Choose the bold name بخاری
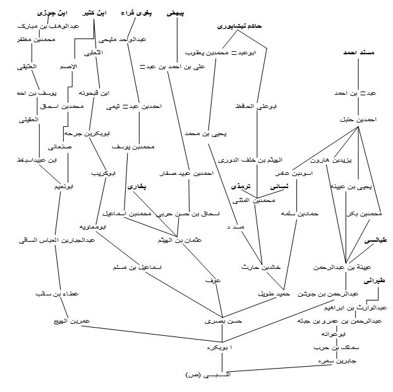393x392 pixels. [137, 187]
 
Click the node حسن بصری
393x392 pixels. [219, 321]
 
